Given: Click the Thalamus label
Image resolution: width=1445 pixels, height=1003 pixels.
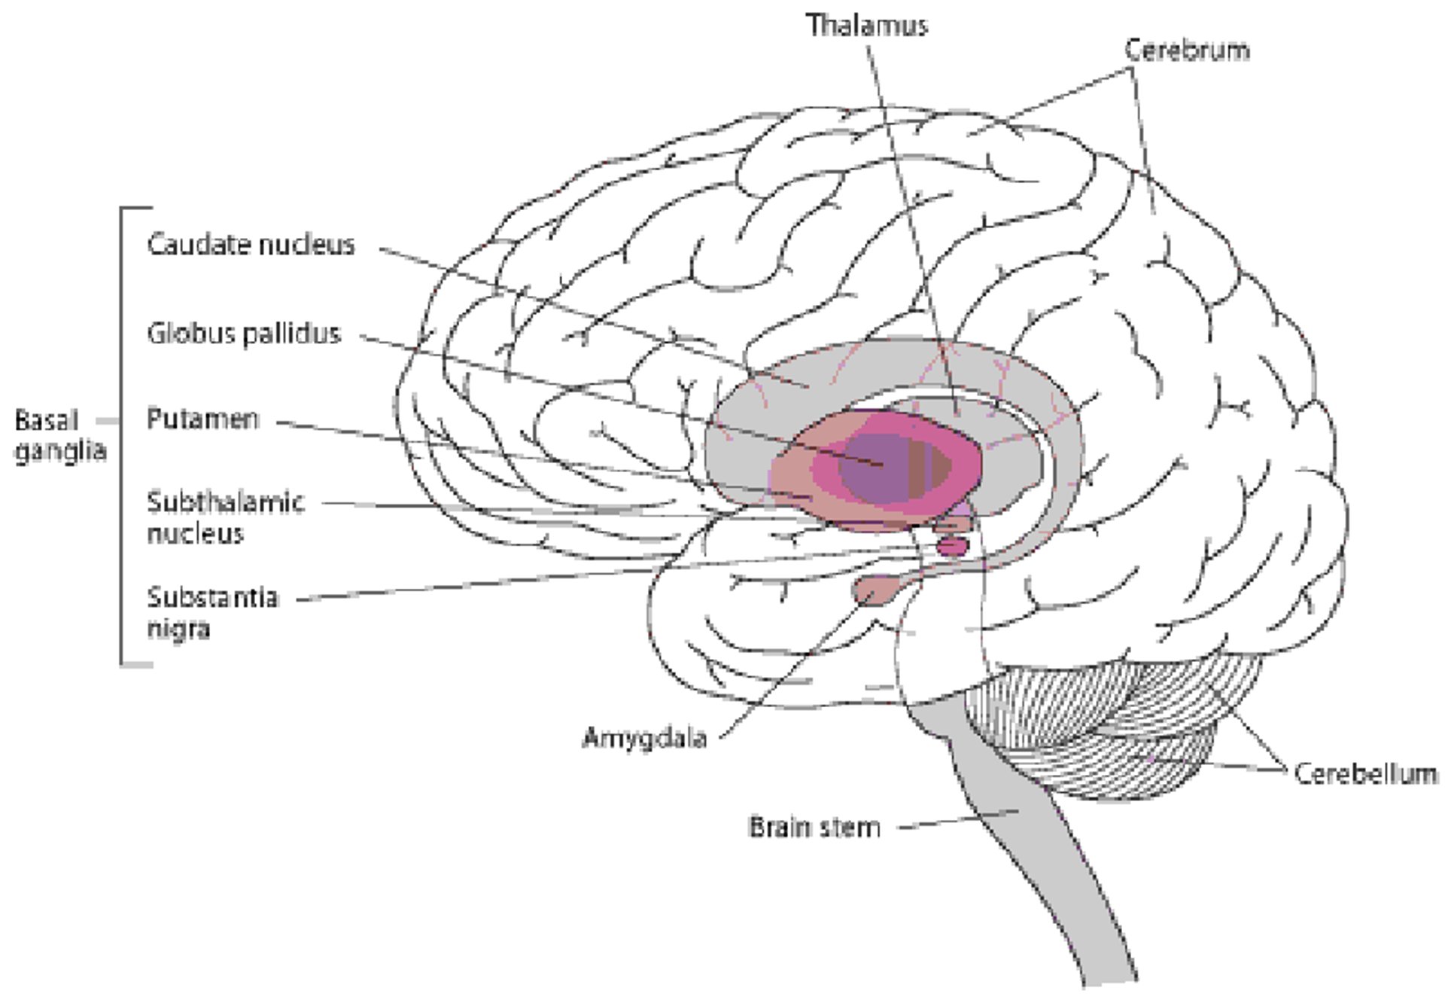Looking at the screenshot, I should (x=867, y=26).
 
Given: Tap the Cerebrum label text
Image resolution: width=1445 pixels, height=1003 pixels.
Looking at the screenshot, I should (x=1187, y=50).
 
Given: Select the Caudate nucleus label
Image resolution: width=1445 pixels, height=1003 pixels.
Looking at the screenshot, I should (x=251, y=245).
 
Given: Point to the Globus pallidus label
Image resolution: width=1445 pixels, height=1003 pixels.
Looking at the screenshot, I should (x=244, y=333).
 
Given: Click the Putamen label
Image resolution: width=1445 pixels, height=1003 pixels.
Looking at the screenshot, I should (x=202, y=419).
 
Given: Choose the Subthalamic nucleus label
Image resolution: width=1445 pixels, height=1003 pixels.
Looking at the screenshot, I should (x=224, y=517).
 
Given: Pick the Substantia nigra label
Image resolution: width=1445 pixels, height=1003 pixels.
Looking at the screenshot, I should (x=212, y=612).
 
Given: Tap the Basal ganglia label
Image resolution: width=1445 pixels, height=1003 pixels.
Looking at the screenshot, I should (x=59, y=435).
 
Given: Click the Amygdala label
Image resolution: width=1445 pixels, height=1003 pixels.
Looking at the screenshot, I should (x=645, y=738).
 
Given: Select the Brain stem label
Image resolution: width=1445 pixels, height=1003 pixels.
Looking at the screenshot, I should (x=814, y=827).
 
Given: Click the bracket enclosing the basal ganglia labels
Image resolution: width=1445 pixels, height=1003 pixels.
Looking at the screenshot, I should (x=122, y=437).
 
